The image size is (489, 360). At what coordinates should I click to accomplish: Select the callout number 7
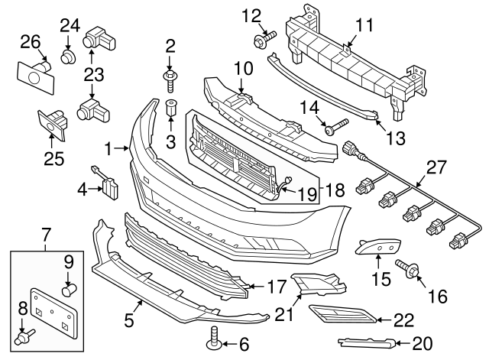45,232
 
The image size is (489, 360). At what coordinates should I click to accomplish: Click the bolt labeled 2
170,76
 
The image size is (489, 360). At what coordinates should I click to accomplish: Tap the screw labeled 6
212,336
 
